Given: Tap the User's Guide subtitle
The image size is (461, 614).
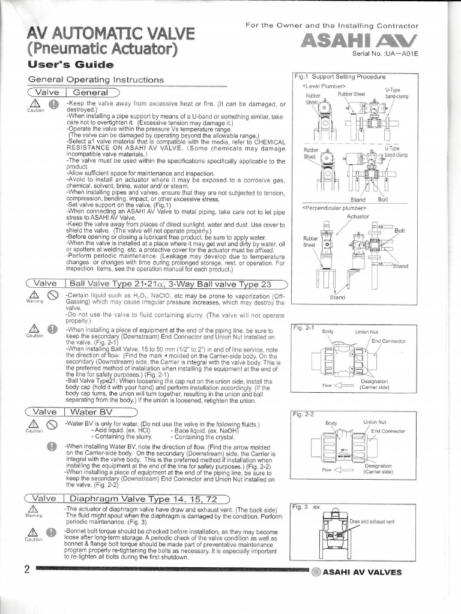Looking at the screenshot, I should coord(70,64).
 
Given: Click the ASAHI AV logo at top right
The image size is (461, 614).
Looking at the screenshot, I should coord(358,40).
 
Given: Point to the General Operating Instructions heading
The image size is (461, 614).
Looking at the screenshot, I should coord(95,80).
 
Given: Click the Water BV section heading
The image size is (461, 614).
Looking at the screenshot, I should coord(96,412).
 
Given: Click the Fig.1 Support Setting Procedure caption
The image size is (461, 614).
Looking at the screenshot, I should coord(340,77).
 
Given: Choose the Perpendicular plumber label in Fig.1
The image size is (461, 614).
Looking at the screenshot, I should coord(327,208).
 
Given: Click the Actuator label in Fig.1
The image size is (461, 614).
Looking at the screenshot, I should coord(358,216).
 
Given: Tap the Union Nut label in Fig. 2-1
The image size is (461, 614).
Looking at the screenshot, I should coord(366,331).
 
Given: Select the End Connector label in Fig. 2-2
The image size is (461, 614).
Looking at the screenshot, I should coord(388,431).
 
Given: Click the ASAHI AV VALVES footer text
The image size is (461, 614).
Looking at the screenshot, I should coord(362,572).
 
